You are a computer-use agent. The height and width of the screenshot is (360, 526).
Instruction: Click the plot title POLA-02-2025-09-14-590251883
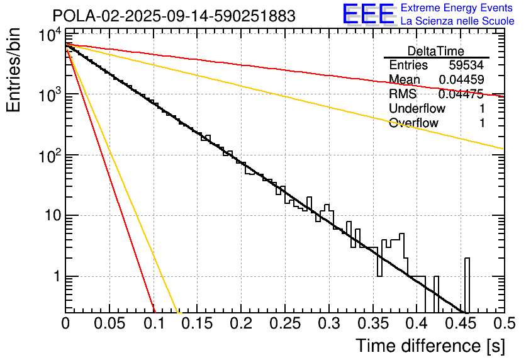[x=174, y=16]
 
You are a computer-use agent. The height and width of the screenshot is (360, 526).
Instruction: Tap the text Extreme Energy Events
[x=457, y=8]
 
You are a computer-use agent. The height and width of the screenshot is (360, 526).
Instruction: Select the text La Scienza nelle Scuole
[x=457, y=21]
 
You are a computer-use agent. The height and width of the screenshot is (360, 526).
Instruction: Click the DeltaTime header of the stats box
[x=436, y=51]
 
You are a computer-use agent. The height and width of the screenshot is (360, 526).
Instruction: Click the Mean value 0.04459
[x=461, y=79]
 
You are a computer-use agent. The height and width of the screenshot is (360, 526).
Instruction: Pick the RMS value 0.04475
[x=461, y=94]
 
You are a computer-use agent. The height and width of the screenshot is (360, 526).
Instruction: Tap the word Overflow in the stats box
[x=413, y=123]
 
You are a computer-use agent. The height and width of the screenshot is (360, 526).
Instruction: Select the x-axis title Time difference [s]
[x=429, y=346]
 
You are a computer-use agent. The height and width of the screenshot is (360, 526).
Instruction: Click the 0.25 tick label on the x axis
[x=284, y=324]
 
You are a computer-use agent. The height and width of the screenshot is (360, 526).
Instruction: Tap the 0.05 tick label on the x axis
[x=109, y=324]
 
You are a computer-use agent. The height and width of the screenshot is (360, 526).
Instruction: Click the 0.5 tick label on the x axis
[x=503, y=324]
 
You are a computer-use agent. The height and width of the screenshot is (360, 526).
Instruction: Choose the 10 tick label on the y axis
[x=47, y=216]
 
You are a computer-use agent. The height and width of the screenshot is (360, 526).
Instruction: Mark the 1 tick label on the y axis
[x=54, y=277]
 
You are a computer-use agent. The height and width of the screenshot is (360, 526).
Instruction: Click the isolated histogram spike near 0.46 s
[x=467, y=283]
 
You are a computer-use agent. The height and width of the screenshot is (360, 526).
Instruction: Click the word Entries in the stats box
[x=408, y=65]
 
